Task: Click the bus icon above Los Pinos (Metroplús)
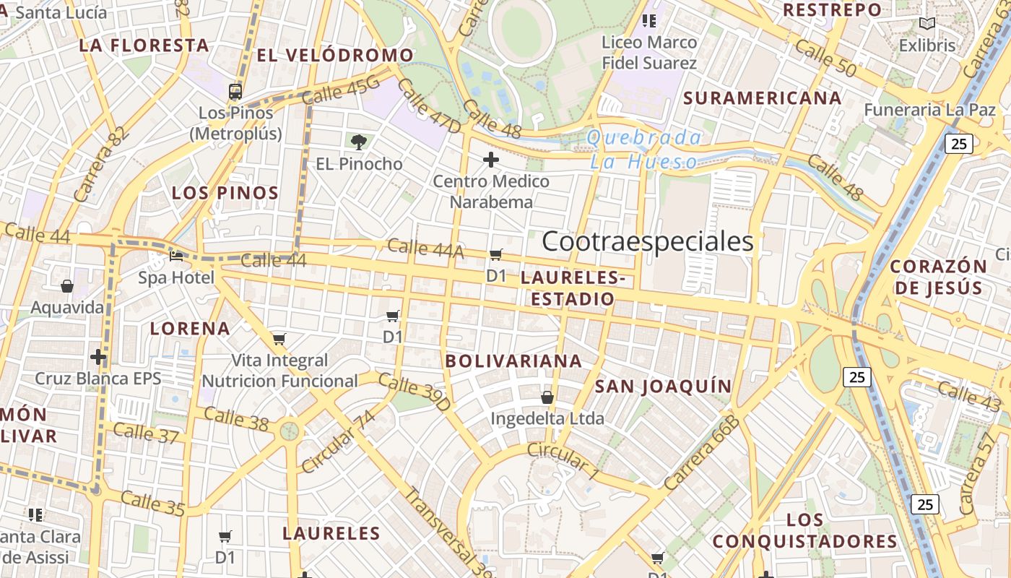[235, 92]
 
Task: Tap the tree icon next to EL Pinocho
[358, 142]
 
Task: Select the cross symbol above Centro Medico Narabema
[491, 159]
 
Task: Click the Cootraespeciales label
[647, 241]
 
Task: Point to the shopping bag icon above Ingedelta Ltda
[547, 397]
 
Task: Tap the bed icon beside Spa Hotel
[176, 256]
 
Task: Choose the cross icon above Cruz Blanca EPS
[98, 357]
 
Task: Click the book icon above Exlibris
[927, 24]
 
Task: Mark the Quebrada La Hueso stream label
[644, 150]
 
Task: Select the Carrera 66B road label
[702, 454]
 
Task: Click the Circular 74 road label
[339, 441]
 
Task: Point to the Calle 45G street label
[340, 90]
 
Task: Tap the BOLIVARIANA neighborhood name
[513, 361]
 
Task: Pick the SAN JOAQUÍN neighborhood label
[663, 387]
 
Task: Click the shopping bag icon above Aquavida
[67, 287]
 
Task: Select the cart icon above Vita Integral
[279, 339]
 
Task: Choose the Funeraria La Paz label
[930, 111]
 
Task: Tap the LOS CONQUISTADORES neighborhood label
[805, 531]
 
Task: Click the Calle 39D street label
[415, 393]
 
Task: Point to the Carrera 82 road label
[101, 165]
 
